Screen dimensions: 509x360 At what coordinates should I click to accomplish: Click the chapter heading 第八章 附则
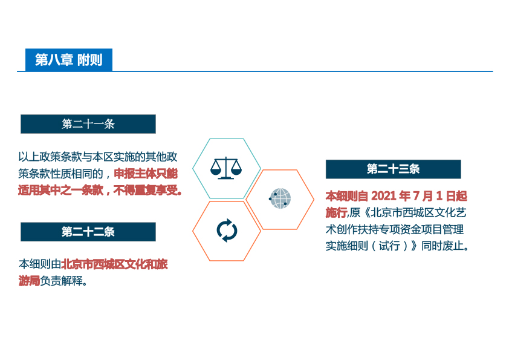[69, 60]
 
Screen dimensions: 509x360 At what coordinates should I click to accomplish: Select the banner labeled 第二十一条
[88, 124]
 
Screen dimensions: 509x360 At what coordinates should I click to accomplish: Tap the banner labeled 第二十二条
[88, 232]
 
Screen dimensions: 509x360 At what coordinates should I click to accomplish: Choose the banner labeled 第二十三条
[393, 169]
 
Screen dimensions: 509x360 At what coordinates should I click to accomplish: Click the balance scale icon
[226, 168]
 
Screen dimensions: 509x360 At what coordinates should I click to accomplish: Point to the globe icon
[280, 198]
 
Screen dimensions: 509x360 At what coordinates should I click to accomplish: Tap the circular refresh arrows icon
[227, 231]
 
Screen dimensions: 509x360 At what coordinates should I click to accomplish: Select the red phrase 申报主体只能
[146, 174]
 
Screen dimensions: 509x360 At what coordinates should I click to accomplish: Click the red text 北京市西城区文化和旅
[114, 264]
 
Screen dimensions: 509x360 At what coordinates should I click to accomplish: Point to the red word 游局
[29, 281]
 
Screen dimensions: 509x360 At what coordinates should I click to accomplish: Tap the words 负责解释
[61, 281]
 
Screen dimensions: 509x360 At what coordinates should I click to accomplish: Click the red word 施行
[336, 212]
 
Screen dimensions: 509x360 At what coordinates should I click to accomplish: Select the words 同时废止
[443, 246]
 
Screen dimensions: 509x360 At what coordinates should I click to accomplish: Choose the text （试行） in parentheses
[389, 246]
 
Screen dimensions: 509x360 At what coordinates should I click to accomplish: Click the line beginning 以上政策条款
[98, 157]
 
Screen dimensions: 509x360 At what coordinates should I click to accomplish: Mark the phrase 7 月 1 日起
[440, 196]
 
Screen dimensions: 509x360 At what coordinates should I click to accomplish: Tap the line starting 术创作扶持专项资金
[395, 229]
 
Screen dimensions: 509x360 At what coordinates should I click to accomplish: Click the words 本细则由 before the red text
[40, 264]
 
